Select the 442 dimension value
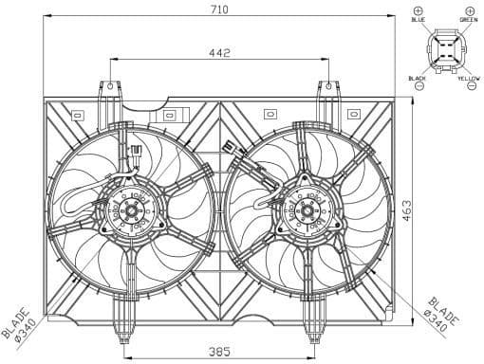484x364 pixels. tap(220, 54)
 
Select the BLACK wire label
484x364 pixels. tap(417, 79)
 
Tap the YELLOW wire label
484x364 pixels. tap(468, 79)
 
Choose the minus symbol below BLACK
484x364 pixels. tap(417, 88)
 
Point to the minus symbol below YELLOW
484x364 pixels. tap(468, 88)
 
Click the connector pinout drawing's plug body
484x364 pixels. tap(442, 49)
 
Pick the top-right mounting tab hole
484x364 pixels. tap(328, 88)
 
